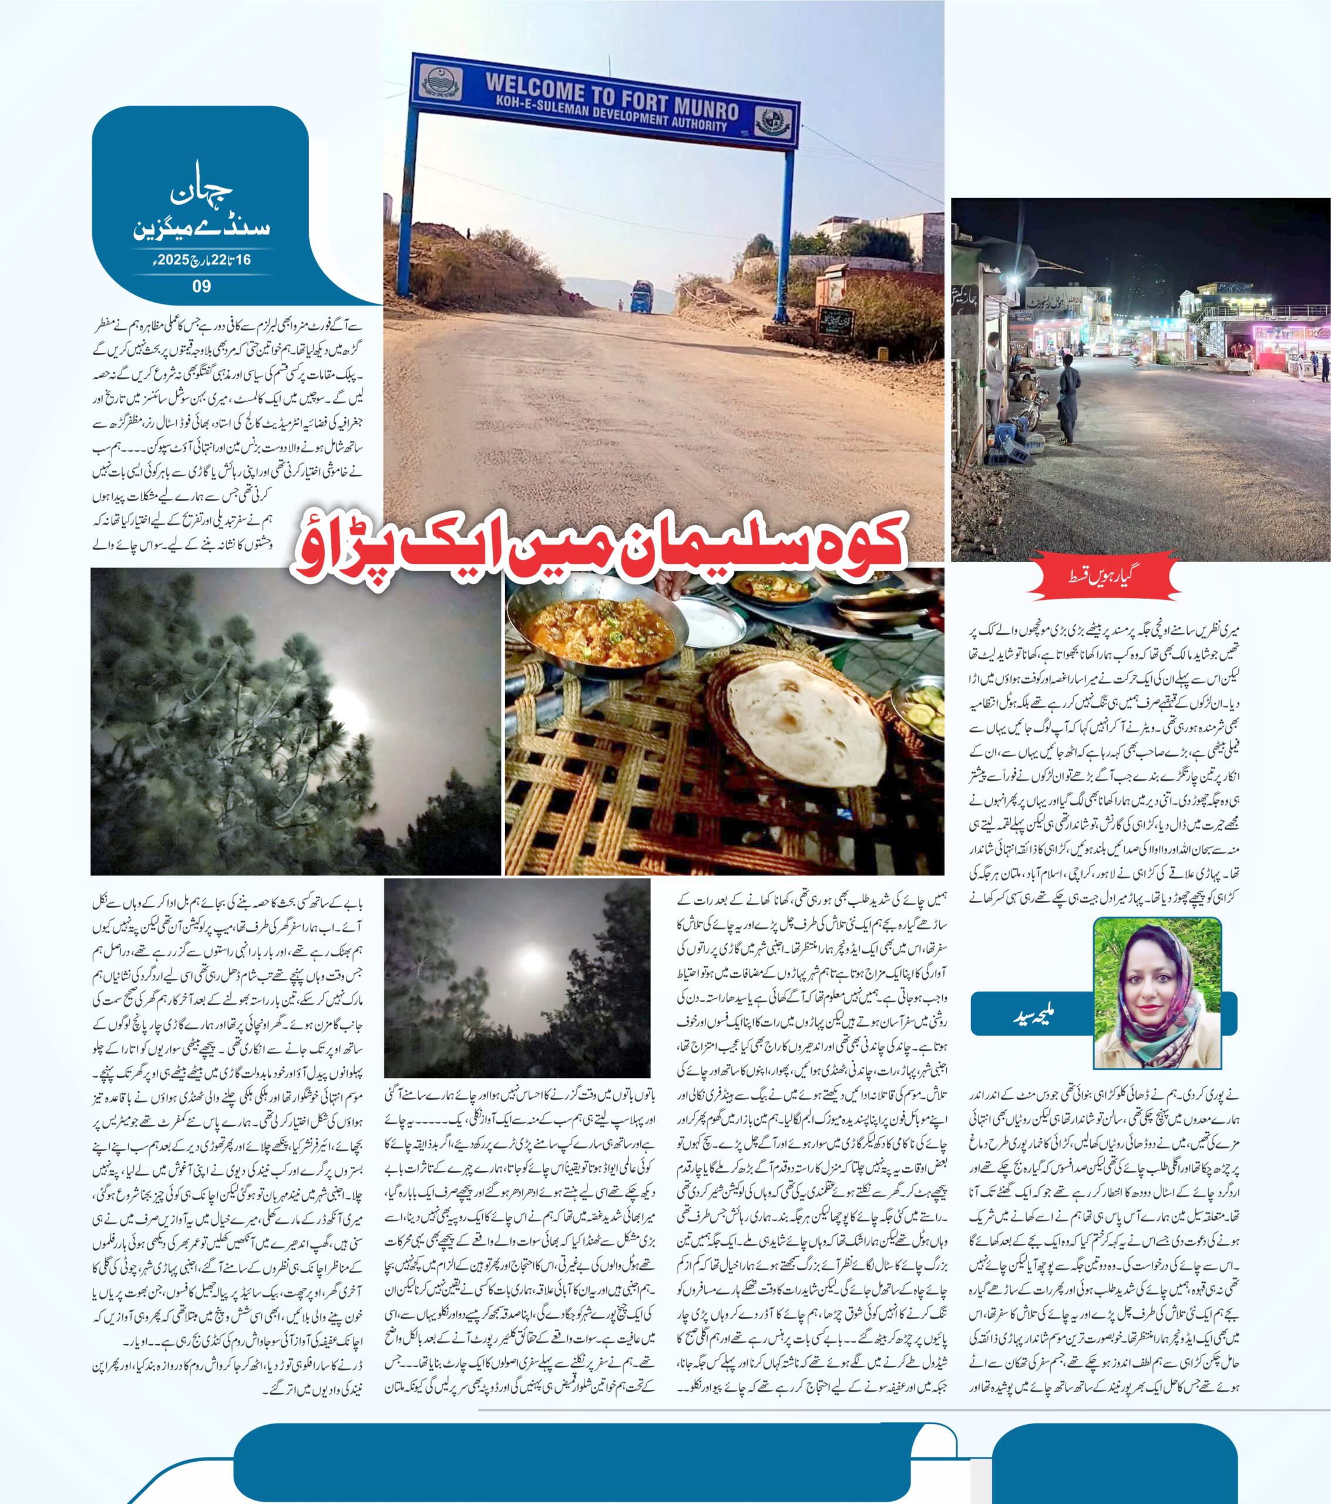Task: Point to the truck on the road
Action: (641, 296)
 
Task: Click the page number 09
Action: (201, 286)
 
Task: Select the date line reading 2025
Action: (201, 260)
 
